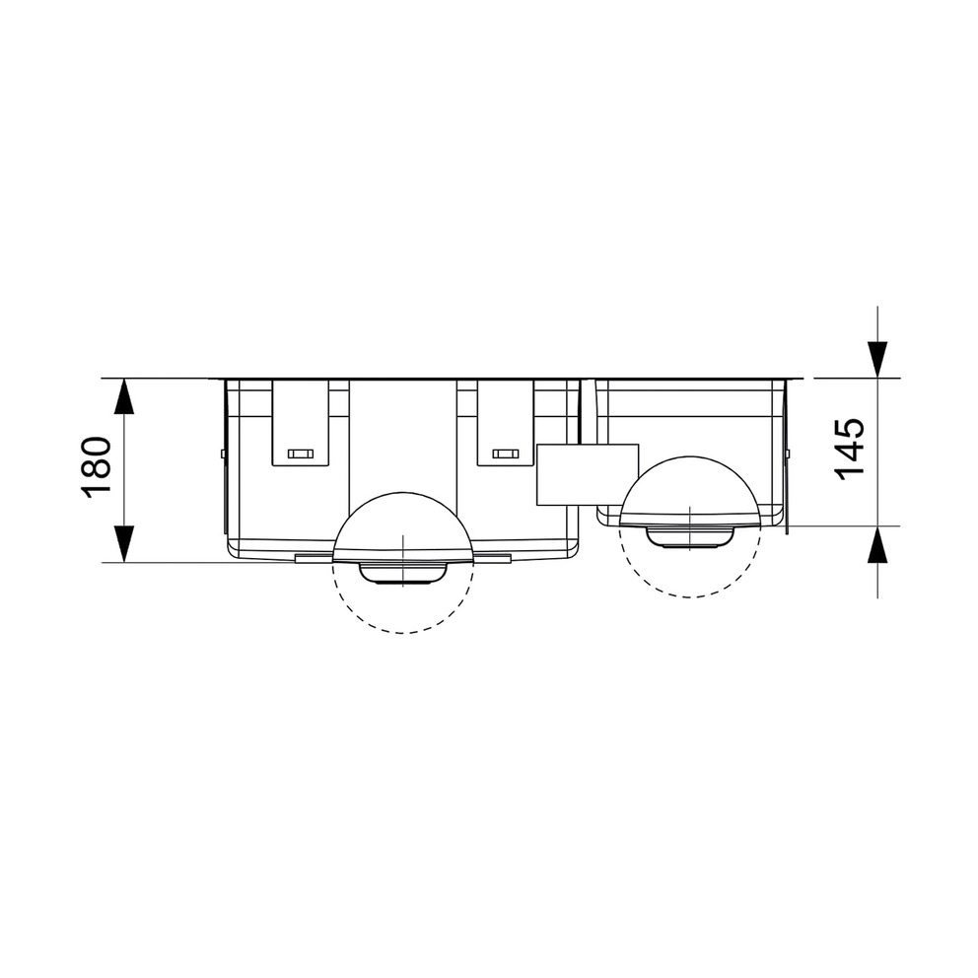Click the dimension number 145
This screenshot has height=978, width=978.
click(x=850, y=449)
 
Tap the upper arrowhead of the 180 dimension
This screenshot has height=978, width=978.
click(x=125, y=396)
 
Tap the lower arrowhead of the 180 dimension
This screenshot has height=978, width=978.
click(x=125, y=544)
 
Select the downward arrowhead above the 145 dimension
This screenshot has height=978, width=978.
click(x=877, y=360)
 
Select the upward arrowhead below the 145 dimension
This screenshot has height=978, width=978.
click(x=877, y=544)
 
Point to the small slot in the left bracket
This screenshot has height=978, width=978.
click(x=300, y=454)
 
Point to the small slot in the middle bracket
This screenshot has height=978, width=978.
click(x=505, y=454)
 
